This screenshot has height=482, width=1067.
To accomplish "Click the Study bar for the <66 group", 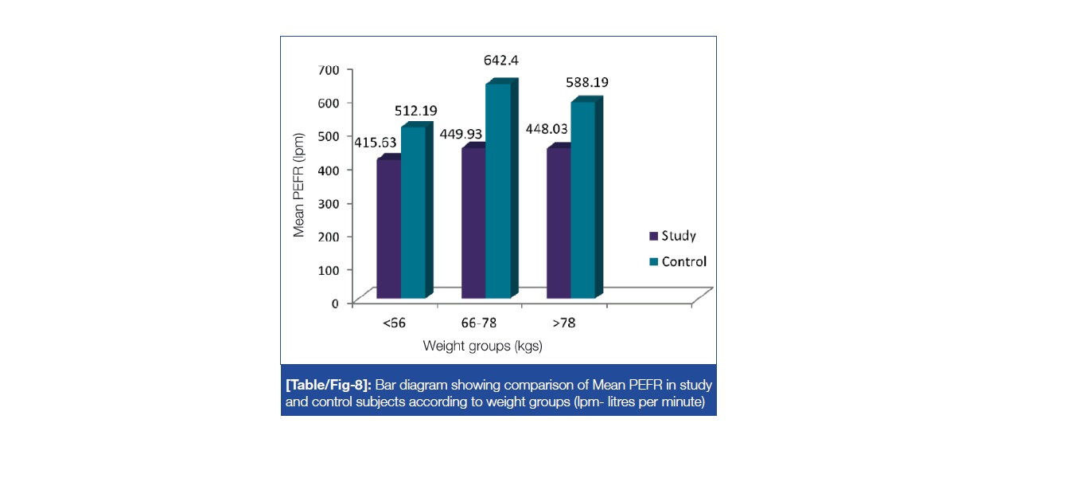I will [x=389, y=229].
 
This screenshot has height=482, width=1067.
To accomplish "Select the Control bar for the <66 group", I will [x=413, y=213].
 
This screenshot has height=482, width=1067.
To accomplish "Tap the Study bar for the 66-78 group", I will [x=473, y=223].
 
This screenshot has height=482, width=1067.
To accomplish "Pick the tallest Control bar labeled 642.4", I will [x=498, y=191].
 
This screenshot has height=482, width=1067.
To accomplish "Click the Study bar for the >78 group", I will [x=559, y=223].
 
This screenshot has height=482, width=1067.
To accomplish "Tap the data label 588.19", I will [x=589, y=82].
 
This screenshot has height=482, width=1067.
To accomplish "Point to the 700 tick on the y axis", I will [x=330, y=69].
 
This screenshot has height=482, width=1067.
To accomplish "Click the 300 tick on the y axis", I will [x=330, y=203].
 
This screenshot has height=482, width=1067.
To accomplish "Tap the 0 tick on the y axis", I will [x=336, y=304].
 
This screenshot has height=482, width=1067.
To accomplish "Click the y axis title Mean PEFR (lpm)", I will [x=299, y=186].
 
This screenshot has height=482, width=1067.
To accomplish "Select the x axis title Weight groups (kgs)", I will [x=482, y=346].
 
